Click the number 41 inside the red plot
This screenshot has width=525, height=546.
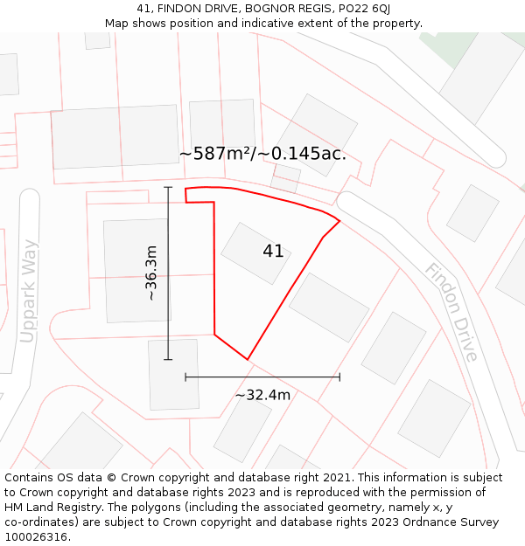[x=273, y=252]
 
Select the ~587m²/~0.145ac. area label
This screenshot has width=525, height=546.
[x=262, y=154]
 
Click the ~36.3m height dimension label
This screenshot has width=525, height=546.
[x=151, y=273]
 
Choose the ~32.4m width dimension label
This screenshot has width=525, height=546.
[x=262, y=395]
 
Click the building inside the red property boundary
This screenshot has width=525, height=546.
[x=255, y=253]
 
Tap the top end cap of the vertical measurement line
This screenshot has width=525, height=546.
[x=168, y=188]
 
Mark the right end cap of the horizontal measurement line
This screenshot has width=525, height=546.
[x=339, y=377]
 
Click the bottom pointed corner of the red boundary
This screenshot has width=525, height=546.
[x=248, y=359]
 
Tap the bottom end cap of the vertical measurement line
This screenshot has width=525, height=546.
[x=168, y=359]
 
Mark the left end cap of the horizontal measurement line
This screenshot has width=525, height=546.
[x=185, y=377]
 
